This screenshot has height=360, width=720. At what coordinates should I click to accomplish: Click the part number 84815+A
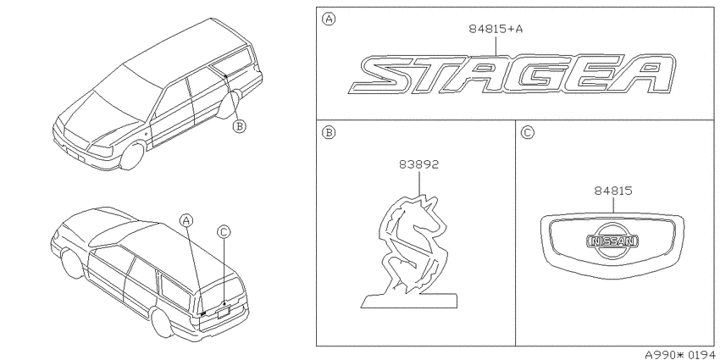pos(496,29)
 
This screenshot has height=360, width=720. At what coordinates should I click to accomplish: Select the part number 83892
pos(418,164)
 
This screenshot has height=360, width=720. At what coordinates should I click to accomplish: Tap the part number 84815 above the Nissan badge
pos(612,191)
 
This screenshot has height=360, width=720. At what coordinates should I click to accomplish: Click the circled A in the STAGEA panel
pos(329,19)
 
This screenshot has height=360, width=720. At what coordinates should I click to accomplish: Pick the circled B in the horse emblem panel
pos(329,133)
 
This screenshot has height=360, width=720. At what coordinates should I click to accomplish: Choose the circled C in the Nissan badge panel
pos(528,133)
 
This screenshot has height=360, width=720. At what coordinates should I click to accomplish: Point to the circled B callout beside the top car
pos(239,126)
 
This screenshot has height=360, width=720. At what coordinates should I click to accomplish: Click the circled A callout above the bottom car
pos(186,220)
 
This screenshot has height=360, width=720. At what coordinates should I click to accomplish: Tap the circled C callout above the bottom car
pos(224,233)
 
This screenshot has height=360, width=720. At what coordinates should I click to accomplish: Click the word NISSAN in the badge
pos(612,241)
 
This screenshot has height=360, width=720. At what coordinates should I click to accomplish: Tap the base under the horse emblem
pos(408,301)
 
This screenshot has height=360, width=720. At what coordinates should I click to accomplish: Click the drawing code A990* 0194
pos(681,354)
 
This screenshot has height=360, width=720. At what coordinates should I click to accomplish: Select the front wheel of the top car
pos(133,156)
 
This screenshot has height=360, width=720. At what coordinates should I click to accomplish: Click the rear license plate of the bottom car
pos(223,312)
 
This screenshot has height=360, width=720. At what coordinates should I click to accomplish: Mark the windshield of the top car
pos(119,100)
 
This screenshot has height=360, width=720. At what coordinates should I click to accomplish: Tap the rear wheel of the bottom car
pos(163,323)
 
